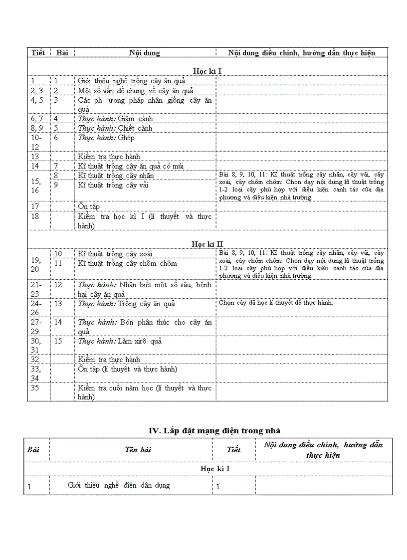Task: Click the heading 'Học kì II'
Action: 207,244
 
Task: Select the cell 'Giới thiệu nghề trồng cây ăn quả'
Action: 131,81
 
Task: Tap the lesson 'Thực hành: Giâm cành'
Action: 115,119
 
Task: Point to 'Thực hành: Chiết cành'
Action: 115,128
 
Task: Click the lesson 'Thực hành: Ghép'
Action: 106,138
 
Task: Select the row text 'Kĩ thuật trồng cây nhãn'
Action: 116,176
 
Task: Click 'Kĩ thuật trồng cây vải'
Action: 113,185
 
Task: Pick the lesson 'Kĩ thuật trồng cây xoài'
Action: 115,254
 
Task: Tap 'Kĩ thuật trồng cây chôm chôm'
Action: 127,263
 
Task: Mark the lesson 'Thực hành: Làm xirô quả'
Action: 120,341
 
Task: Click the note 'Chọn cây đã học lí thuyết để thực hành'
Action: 275,302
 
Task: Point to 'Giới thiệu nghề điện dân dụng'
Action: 119,485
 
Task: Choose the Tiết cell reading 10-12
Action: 37,142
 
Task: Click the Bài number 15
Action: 58,341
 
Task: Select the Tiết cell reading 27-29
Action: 37,327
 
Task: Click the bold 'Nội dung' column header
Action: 145,52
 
